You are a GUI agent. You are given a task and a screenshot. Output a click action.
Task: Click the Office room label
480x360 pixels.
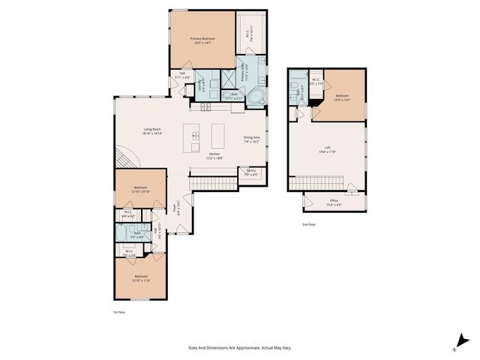(334, 201)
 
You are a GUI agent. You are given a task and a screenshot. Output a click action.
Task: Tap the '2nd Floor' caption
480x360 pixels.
(309, 224)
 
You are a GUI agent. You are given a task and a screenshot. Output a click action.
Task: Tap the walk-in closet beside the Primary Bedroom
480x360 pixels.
(251, 34)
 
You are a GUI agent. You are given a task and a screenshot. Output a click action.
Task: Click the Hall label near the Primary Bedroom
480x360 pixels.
(182, 73)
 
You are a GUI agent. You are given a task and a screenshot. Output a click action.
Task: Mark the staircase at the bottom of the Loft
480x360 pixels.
(315, 182)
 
